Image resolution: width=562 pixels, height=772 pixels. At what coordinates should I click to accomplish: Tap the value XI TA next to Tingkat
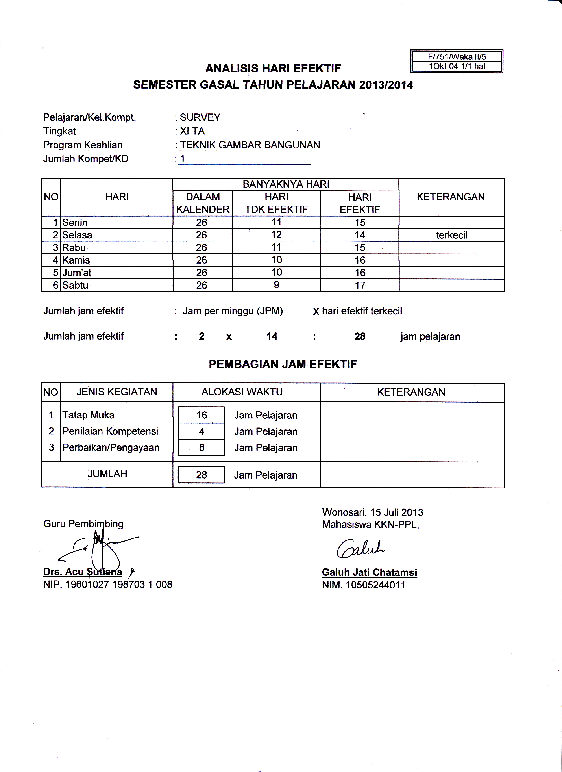point(192,131)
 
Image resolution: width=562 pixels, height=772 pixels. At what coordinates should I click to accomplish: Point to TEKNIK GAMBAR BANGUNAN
point(250,145)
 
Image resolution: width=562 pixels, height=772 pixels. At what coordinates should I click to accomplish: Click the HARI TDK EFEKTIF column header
point(276,203)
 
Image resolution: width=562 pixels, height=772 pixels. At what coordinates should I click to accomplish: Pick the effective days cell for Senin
point(360,223)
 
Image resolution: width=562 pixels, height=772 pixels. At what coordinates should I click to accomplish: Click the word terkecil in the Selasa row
point(451,235)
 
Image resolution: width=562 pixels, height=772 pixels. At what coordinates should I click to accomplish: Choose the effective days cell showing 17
point(360,285)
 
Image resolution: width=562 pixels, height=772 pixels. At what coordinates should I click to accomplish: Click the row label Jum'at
point(77,273)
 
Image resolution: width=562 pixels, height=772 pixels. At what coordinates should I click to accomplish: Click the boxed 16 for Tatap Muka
point(202,415)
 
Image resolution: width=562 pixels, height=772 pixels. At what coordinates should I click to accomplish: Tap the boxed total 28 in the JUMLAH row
point(202,475)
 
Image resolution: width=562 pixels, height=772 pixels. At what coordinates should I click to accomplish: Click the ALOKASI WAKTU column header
point(242,392)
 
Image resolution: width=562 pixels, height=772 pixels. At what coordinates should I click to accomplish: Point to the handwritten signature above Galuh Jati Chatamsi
point(360,549)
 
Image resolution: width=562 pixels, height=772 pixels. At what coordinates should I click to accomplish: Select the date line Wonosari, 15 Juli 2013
point(373,512)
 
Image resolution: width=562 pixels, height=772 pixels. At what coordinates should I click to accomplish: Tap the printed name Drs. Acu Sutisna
point(83,572)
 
